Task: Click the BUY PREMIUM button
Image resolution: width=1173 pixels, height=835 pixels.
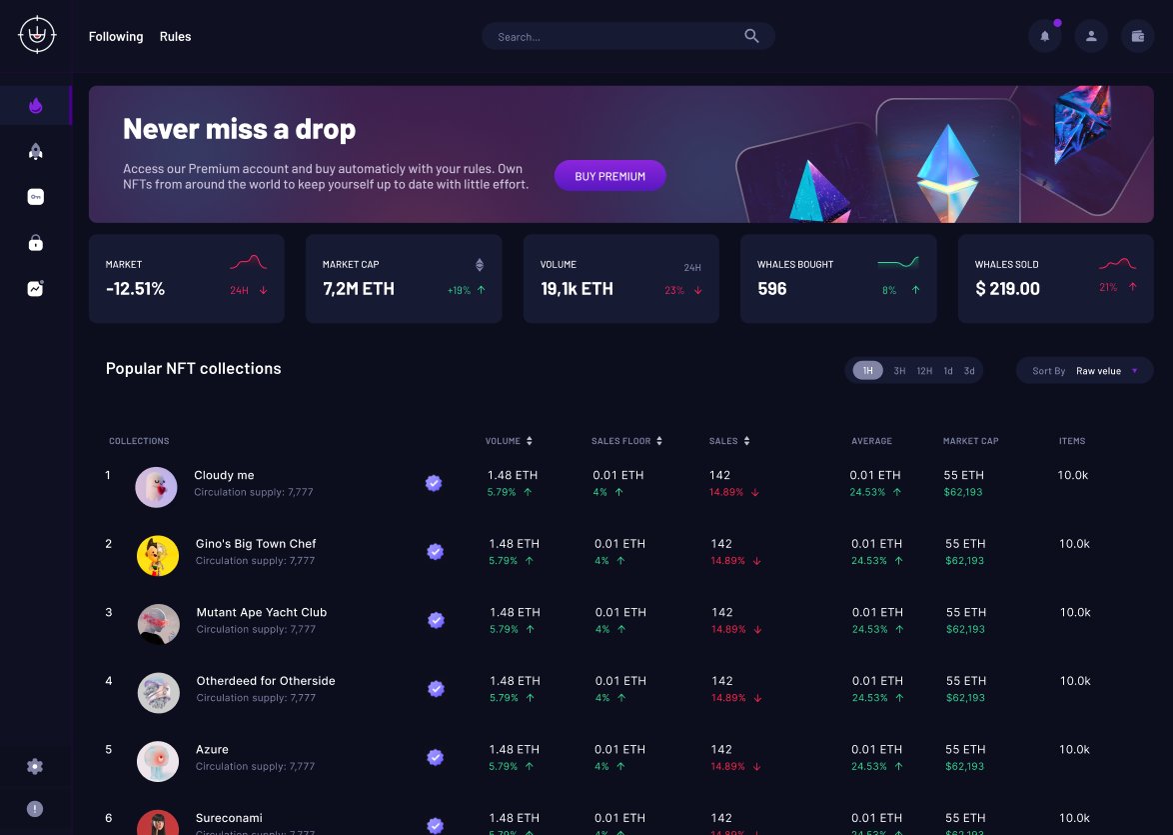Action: (609, 176)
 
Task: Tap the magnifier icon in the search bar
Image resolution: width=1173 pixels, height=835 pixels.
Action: (751, 37)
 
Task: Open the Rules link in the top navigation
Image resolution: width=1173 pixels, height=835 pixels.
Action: (175, 37)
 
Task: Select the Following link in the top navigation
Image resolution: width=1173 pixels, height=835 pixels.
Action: (116, 37)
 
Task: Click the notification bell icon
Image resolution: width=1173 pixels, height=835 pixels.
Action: (1045, 37)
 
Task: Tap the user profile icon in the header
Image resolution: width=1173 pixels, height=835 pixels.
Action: (1091, 37)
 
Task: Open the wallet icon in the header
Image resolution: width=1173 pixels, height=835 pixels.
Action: (1137, 37)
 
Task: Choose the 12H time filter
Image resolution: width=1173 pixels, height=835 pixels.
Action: (924, 371)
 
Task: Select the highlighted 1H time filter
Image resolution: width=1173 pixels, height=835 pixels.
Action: (867, 371)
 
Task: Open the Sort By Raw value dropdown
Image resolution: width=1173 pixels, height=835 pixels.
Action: (1085, 371)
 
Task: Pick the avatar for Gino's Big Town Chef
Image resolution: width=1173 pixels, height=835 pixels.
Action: (158, 556)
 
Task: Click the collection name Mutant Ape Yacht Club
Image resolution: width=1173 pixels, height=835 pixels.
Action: (262, 612)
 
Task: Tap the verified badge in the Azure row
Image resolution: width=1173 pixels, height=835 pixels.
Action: (436, 757)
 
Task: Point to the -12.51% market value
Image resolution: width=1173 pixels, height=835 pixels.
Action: (135, 289)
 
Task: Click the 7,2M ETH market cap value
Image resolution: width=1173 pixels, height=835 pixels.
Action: (359, 289)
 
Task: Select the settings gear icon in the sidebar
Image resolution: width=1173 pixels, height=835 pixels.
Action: (35, 767)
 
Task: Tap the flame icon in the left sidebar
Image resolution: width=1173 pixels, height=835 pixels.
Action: (35, 105)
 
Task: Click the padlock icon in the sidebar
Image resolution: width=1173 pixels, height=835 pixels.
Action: (35, 243)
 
